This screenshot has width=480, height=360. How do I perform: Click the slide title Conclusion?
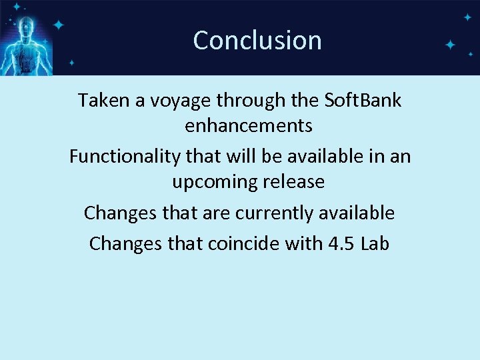[x=257, y=40]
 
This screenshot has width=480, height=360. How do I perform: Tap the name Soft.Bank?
[x=363, y=100]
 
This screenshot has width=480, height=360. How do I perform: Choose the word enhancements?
[x=249, y=125]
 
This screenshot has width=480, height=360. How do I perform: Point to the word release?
[x=293, y=181]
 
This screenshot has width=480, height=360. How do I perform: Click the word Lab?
[x=375, y=243]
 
